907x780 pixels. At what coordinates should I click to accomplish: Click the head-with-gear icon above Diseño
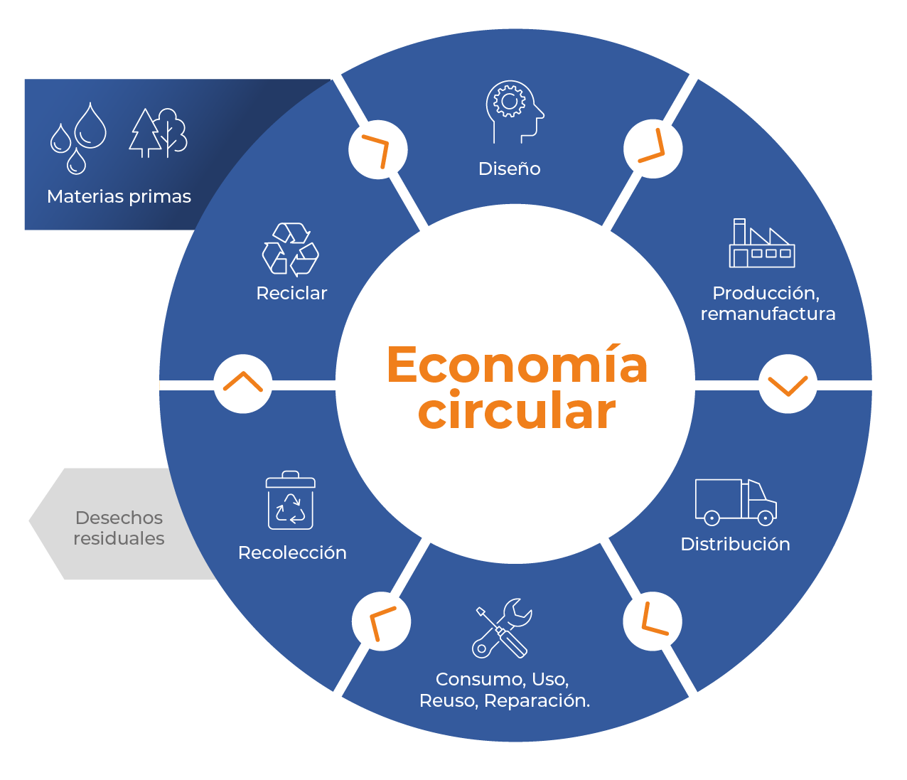(x=514, y=112)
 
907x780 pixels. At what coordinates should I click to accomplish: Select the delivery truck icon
(x=736, y=502)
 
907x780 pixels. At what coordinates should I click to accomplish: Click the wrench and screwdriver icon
(x=502, y=628)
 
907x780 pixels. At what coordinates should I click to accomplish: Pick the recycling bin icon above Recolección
(x=291, y=501)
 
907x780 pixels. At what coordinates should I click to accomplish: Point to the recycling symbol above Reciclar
(x=291, y=250)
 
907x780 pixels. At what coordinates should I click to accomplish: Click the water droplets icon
(x=78, y=138)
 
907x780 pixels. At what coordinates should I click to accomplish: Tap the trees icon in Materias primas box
(x=158, y=132)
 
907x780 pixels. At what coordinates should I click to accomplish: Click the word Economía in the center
(x=517, y=365)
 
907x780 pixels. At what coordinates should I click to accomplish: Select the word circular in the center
(x=517, y=410)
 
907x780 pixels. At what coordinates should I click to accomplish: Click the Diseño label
(x=510, y=169)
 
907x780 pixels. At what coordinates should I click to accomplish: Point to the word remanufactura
(x=768, y=314)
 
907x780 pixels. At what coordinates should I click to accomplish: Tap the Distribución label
(x=736, y=544)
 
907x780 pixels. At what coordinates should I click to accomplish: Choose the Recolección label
(x=292, y=552)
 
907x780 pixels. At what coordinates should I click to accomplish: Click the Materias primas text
(x=119, y=197)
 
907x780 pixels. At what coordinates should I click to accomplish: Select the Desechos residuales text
(x=119, y=528)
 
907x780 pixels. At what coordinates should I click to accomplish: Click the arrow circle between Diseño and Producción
(x=653, y=149)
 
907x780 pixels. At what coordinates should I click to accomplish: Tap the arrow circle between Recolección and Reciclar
(x=243, y=384)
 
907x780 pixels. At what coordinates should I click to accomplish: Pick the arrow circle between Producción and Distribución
(x=788, y=384)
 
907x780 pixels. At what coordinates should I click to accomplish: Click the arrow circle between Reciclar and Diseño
(x=378, y=150)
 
